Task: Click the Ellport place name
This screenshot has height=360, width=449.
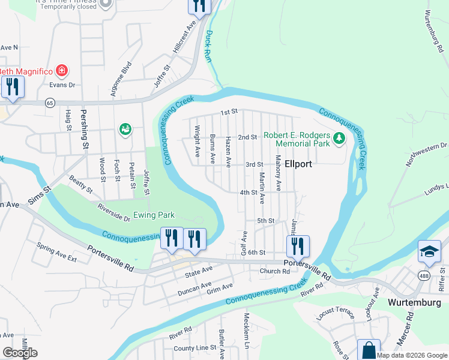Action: tap(298, 164)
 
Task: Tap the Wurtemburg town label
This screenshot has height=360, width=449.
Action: tap(414, 302)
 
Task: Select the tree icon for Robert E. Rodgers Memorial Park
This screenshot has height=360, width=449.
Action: tap(339, 139)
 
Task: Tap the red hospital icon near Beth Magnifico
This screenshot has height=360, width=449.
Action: tap(61, 71)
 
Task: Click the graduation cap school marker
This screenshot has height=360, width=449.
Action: tap(429, 252)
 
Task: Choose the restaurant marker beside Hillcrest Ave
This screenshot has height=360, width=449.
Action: tap(199, 6)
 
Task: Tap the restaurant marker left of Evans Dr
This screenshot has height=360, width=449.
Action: tap(12, 86)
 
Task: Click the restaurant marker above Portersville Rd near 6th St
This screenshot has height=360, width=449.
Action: tap(297, 245)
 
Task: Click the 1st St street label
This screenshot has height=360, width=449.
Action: tap(229, 112)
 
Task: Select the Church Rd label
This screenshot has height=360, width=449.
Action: tap(275, 271)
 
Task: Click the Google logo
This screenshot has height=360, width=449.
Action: tap(20, 353)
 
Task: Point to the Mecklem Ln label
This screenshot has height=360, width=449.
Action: tap(246, 330)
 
